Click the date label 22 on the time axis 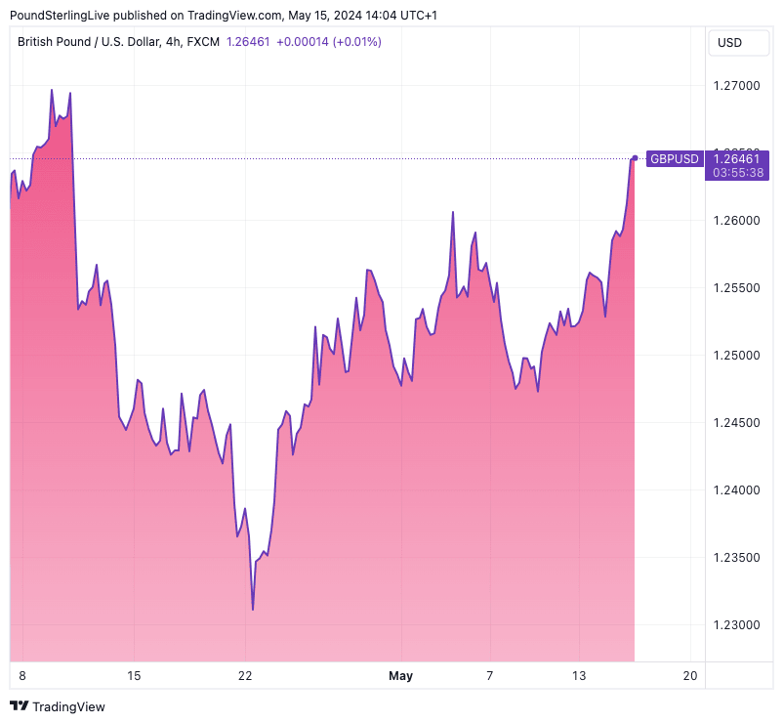click(245, 676)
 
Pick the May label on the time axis click(400, 676)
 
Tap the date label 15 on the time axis click(134, 676)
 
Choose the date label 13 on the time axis click(579, 676)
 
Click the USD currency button click(729, 42)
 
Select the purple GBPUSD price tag click(675, 158)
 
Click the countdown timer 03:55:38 click(738, 172)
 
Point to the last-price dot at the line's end click(636, 157)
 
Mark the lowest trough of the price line click(253, 610)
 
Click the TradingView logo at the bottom click(58, 705)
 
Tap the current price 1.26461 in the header click(248, 42)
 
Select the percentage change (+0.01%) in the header click(357, 42)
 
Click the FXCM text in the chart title click(202, 42)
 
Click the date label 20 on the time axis click(690, 676)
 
